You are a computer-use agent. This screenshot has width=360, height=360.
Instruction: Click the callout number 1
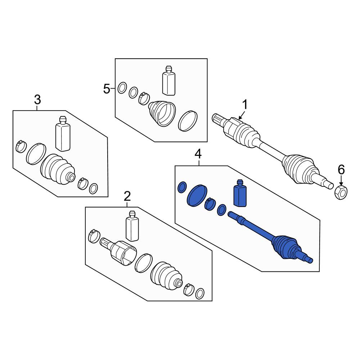[245, 105]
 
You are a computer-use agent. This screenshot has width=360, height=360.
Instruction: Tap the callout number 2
[127, 196]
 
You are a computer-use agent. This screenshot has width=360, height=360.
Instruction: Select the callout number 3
[37, 100]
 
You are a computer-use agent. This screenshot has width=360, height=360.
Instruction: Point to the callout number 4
[198, 154]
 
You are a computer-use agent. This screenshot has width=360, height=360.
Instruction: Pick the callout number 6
[341, 170]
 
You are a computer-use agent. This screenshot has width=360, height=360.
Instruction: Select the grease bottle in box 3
[63, 134]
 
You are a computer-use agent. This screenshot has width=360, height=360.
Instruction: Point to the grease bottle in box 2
[132, 226]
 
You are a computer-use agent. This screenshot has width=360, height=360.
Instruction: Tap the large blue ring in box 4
[197, 195]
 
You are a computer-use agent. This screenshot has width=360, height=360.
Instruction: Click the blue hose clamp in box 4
[210, 204]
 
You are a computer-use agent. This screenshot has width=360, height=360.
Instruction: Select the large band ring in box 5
[188, 121]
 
